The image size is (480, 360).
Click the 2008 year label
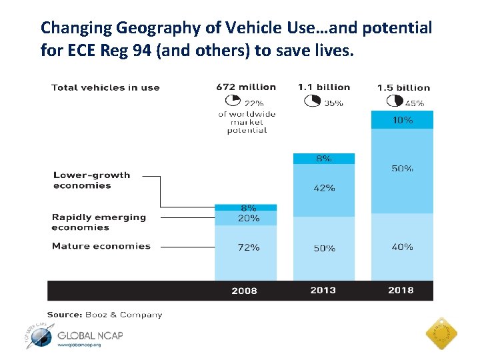pos(245,291)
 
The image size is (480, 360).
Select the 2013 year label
pos(323,290)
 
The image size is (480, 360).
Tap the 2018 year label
pos(401,290)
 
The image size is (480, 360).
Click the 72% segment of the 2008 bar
pos(245,253)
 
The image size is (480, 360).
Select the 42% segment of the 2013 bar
pos(324,189)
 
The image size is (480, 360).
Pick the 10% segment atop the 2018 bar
pos(402,120)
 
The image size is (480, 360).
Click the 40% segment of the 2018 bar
pos(402,247)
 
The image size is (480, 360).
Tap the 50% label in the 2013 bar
pos(324,248)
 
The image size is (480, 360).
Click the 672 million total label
pos(246,87)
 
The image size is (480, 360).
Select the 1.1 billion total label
pos(324,87)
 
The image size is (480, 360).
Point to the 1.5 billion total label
pos(403,87)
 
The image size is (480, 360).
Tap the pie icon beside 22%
pos(233,101)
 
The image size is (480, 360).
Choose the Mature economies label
pos(101,246)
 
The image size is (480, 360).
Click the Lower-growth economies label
pos(92,180)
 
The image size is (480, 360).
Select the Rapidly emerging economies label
pos(99,222)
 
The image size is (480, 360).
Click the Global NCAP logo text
pos(91,335)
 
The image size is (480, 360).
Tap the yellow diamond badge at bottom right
pos(441,331)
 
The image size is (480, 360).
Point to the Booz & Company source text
pos(105,314)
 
